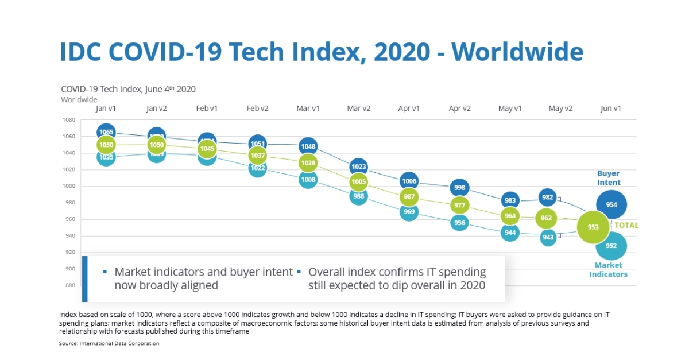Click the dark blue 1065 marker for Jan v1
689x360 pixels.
pos(106,131)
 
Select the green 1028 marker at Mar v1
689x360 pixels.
pos(308,163)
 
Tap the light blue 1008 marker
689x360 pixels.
pos(308,180)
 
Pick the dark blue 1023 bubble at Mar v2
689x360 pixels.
pos(359,167)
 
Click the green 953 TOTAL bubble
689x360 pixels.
pos(593,227)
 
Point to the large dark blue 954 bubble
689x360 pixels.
pos(611,205)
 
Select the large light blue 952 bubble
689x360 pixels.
pos(611,246)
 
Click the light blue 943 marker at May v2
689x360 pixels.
pos(548,237)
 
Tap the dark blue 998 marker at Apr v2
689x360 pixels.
pos(459,188)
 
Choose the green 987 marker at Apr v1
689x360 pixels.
pos(409,197)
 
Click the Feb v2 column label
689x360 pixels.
pos(258,108)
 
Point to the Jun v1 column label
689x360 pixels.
pos(610,108)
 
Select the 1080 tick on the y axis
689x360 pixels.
pos(69,120)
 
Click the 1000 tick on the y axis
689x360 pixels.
pos(69,186)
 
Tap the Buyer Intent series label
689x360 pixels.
pos(609,178)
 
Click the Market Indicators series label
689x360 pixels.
pos(609,270)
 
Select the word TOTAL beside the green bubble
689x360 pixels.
pos(626,226)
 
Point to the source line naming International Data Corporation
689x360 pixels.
pos(109,343)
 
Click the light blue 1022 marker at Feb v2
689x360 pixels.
pos(258,168)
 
